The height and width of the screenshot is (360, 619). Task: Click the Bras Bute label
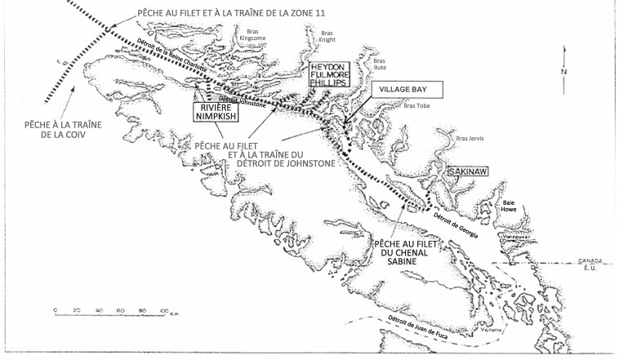click(378, 64)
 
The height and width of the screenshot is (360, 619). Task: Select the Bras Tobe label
click(416, 105)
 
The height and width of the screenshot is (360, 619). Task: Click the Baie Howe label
click(510, 207)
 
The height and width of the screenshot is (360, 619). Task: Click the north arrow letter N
click(564, 72)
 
